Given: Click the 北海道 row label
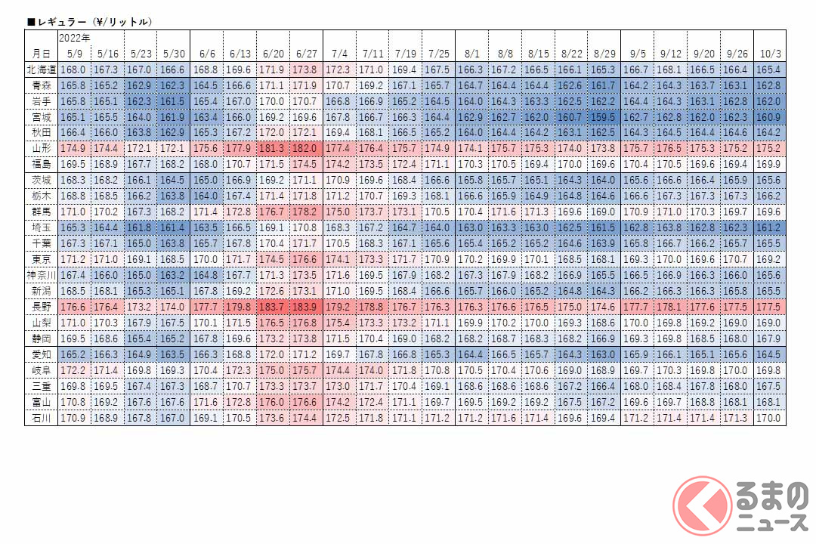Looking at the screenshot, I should coord(39,70).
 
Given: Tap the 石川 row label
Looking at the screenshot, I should coord(39,417).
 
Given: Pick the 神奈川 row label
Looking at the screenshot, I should coord(39,277).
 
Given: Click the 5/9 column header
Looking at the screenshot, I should coord(73,54).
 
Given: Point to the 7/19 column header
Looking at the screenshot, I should coord(405,54).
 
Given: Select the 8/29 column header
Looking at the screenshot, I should coord(604,54).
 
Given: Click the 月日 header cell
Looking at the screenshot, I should coord(39,54).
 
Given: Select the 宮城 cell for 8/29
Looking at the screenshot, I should coord(604,117).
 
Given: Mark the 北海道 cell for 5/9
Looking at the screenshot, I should coord(73,70).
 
